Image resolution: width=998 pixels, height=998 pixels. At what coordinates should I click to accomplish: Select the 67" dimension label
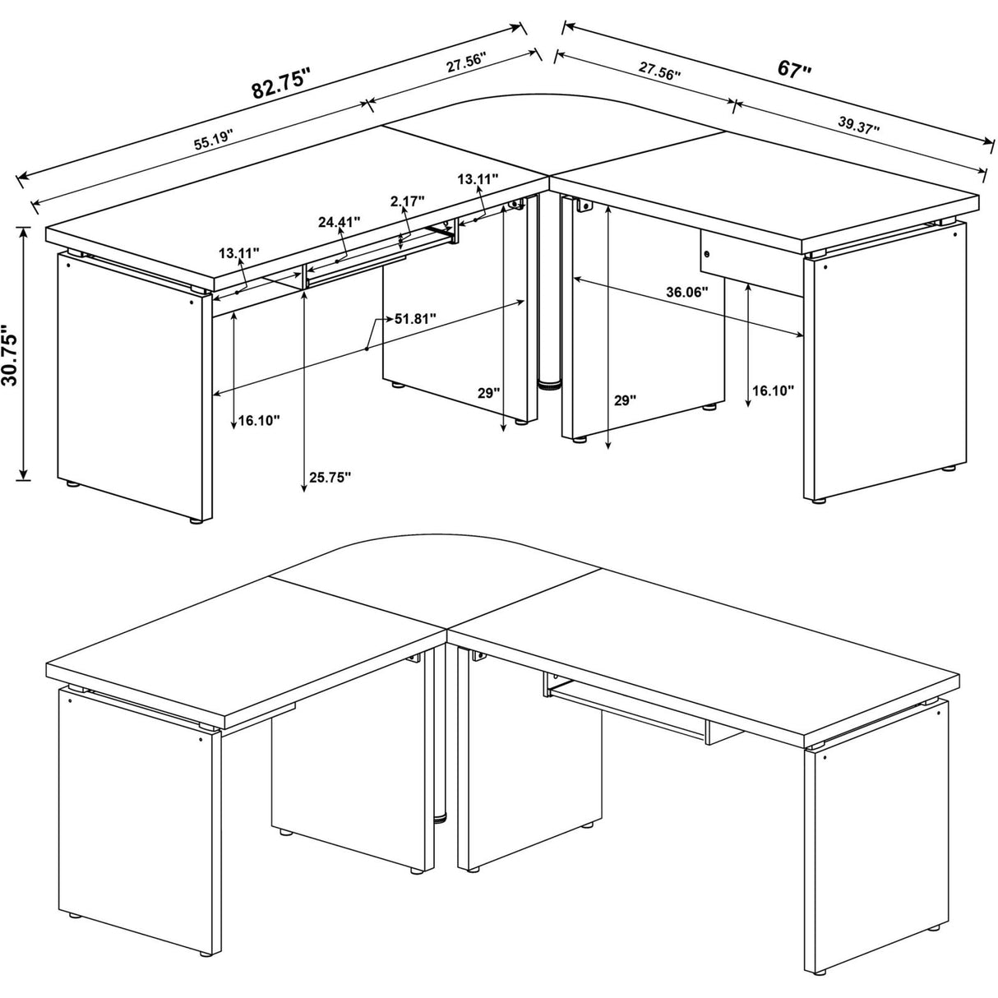(794, 69)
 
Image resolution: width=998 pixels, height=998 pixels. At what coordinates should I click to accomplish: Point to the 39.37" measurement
(859, 125)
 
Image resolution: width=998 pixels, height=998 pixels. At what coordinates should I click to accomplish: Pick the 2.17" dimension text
(407, 201)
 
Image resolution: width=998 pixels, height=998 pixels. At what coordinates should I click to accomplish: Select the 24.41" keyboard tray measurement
(340, 221)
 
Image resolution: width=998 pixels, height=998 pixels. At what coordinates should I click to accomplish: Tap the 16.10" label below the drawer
(772, 390)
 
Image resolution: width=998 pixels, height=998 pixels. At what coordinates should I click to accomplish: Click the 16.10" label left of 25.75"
(259, 420)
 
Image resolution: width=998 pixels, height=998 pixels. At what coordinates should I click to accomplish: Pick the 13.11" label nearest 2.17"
(478, 178)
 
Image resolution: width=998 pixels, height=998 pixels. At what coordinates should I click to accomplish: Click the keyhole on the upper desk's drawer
(706, 255)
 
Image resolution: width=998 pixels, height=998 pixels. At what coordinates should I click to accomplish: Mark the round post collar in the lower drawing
(441, 818)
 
